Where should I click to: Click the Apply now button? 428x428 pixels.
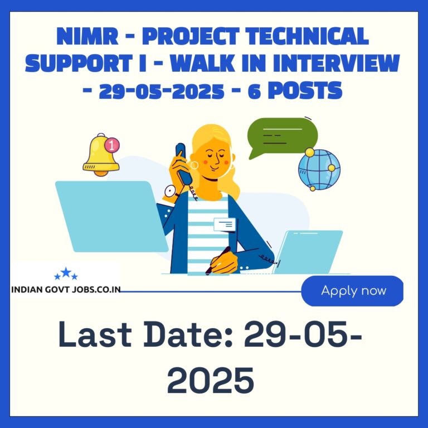352,291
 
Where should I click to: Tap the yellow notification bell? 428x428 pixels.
100,155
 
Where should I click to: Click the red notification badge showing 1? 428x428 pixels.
112,145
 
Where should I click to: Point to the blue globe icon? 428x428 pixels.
319,169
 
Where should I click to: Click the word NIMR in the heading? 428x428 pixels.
87,36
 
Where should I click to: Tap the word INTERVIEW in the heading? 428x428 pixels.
336,64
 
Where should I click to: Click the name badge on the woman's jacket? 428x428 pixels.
225,225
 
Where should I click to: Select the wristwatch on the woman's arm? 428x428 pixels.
171,191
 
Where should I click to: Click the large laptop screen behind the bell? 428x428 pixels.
111,216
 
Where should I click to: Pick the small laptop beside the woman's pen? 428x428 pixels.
308,252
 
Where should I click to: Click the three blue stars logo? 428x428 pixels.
66,274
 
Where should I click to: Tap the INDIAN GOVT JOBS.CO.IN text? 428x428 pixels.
66,290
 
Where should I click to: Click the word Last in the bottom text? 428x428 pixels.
95,334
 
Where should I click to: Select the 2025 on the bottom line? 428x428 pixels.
211,380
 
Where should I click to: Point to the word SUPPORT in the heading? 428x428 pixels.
79,64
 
